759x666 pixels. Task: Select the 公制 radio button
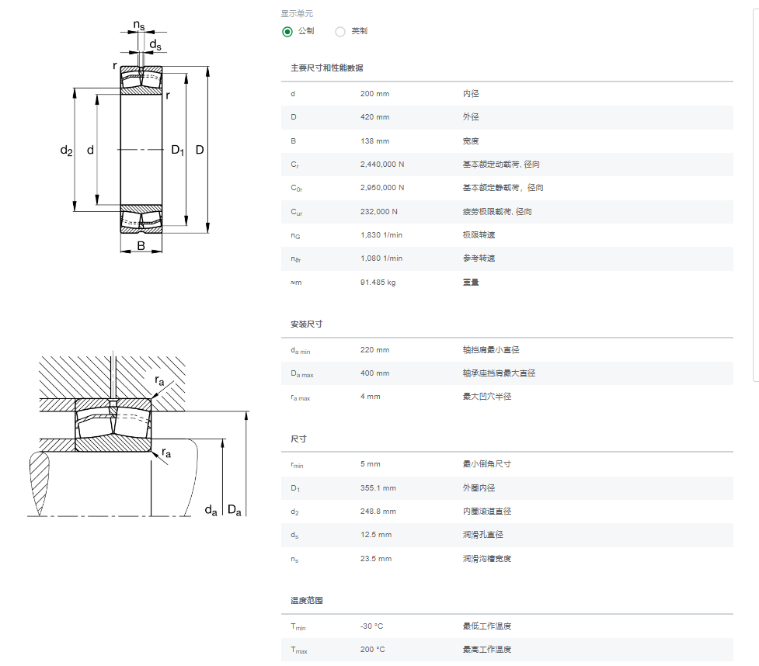pos(287,32)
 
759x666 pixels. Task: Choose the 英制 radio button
pos(340,32)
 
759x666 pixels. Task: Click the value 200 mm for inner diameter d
pos(374,94)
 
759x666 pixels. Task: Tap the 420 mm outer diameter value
pos(374,117)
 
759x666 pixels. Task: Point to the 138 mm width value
pos(374,141)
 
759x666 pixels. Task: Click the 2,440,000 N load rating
pos(382,165)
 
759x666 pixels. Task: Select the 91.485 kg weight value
pos(378,283)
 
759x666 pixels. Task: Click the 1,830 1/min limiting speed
pos(381,235)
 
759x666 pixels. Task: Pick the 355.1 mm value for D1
pos(378,488)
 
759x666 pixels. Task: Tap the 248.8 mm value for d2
pos(378,512)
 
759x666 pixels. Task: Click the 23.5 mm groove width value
pos(376,559)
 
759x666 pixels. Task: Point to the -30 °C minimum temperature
pos(371,626)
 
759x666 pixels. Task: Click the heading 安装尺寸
pos(306,324)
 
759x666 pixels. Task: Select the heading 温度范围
pos(306,600)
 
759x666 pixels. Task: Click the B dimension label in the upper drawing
pos(141,246)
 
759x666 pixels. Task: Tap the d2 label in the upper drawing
pos(66,151)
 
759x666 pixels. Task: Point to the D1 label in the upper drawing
pos(178,150)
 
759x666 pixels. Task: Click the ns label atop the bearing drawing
pos(139,25)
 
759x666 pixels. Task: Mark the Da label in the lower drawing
pos(235,510)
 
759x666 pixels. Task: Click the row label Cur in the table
pos(296,213)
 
